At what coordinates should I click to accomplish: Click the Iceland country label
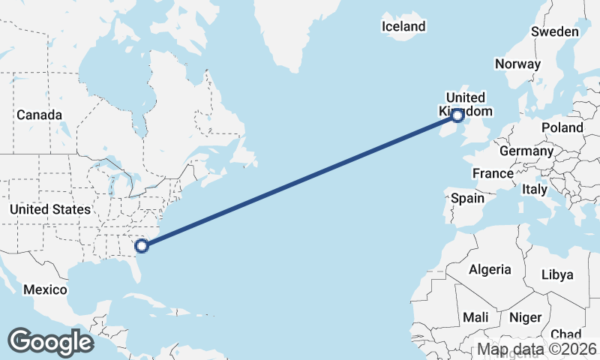click(x=403, y=27)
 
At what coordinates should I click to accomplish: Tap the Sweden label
click(x=555, y=31)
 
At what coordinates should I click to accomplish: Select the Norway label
click(x=517, y=64)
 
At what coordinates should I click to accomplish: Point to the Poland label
click(x=562, y=127)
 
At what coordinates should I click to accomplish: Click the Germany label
click(x=526, y=151)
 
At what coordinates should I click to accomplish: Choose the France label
click(x=493, y=173)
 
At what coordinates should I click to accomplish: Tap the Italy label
click(x=535, y=189)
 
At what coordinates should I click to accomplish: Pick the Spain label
click(x=467, y=199)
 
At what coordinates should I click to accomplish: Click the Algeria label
click(x=490, y=269)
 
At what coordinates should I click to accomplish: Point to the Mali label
click(x=475, y=317)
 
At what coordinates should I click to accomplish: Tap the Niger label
click(x=525, y=317)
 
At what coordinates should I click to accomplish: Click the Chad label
click(x=565, y=334)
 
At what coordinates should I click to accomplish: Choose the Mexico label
click(x=45, y=289)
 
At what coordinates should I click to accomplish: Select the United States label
click(x=50, y=209)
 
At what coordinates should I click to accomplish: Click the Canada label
click(x=39, y=115)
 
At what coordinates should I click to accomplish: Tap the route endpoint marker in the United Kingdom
click(x=457, y=115)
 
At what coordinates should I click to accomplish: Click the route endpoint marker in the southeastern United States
click(x=141, y=244)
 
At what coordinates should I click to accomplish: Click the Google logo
click(x=50, y=341)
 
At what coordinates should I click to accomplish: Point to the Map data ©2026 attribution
click(x=537, y=349)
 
